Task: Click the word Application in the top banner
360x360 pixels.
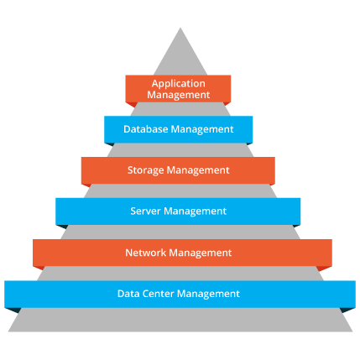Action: pyautogui.click(x=179, y=84)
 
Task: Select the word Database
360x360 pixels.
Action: pyautogui.click(x=145, y=129)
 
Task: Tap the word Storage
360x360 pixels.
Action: pyautogui.click(x=146, y=170)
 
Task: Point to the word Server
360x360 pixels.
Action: pyautogui.click(x=146, y=211)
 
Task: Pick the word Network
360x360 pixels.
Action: pyautogui.click(x=145, y=253)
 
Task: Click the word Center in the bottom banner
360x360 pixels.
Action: pyautogui.click(x=159, y=294)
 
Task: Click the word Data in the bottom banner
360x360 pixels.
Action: pyautogui.click(x=128, y=294)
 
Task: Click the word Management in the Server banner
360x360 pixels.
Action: pyautogui.click(x=195, y=211)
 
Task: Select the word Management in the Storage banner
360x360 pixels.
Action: pyautogui.click(x=198, y=170)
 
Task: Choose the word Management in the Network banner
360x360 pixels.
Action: pyautogui.click(x=201, y=253)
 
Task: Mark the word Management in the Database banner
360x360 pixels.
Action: pyautogui.click(x=202, y=129)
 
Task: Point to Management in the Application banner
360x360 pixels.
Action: pyautogui.click(x=179, y=95)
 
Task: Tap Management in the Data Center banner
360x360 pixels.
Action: pyautogui.click(x=208, y=295)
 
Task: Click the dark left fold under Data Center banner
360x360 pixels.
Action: pyautogui.click(x=12, y=310)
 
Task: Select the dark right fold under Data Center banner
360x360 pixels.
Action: pyautogui.click(x=348, y=310)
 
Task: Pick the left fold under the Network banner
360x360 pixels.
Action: pyautogui.click(x=39, y=268)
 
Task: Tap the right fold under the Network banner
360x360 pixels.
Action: pyautogui.click(x=325, y=269)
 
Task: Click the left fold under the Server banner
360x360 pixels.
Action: pyautogui.click(x=62, y=227)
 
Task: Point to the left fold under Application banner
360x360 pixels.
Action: pyautogui.click(x=132, y=105)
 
